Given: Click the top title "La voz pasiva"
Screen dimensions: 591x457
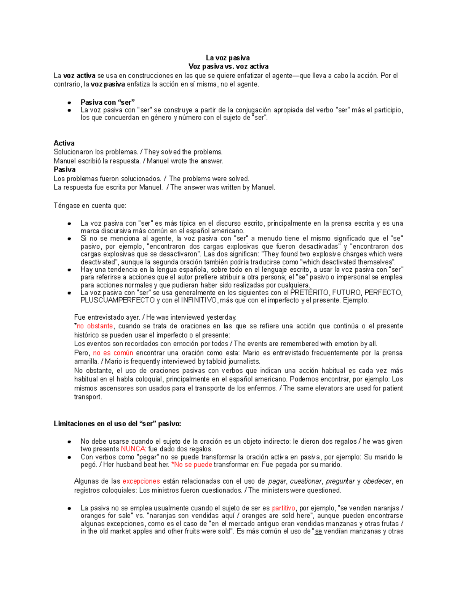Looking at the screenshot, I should pyautogui.click(x=228, y=58).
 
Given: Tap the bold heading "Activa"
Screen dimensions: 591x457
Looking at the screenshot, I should pyautogui.click(x=64, y=143).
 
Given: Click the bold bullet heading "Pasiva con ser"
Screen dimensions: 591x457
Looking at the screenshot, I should pyautogui.click(x=107, y=102).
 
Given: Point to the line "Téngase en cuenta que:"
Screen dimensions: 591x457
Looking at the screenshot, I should pyautogui.click(x=90, y=206).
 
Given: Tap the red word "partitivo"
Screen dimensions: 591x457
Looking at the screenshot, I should pyautogui.click(x=283, y=508).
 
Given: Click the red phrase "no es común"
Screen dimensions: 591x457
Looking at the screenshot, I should pyautogui.click(x=113, y=353).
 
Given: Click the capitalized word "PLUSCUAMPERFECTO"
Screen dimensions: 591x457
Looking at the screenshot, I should pyautogui.click(x=117, y=300).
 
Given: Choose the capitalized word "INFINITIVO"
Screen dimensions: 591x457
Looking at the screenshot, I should pyautogui.click(x=198, y=300).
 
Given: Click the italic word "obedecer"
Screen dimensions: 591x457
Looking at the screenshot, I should pyautogui.click(x=377, y=481).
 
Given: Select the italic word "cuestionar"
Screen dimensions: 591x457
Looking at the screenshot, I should pyautogui.click(x=305, y=481).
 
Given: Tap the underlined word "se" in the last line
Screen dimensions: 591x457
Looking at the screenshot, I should pyautogui.click(x=318, y=531).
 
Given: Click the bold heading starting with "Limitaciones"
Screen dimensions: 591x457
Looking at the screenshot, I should pyautogui.click(x=118, y=424).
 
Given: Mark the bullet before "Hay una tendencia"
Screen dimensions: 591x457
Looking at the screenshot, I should pyautogui.click(x=69, y=270).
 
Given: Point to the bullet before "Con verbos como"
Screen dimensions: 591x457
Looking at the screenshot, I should pyautogui.click(x=69, y=457).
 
